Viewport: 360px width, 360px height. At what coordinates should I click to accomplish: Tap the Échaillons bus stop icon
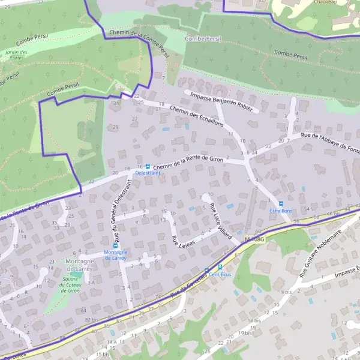pyautogui.click(x=281, y=204)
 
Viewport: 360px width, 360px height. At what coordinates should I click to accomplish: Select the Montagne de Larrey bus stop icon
pyautogui.click(x=116, y=245)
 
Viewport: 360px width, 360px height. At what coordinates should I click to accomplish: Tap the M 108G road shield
pyautogui.click(x=254, y=239)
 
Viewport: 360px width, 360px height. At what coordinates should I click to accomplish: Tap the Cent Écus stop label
pyautogui.click(x=220, y=274)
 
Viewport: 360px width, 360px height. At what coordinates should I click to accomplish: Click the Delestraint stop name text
pyautogui.click(x=148, y=173)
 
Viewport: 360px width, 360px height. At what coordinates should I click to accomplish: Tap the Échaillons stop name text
pyautogui.click(x=281, y=211)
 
